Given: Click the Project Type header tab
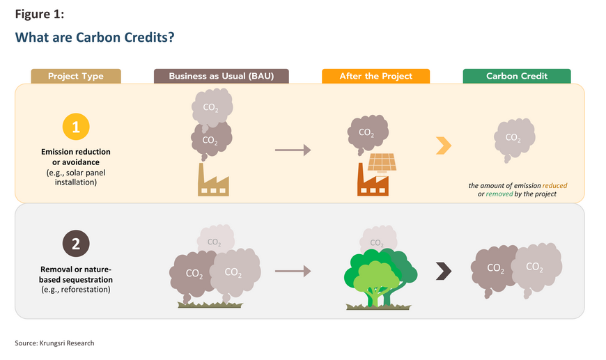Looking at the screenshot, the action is point(76,76).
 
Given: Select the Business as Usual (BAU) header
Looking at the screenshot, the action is point(221,76).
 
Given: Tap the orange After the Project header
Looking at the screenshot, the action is point(375,76).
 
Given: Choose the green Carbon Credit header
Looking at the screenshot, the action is point(517,76).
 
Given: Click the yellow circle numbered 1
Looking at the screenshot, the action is point(76,127).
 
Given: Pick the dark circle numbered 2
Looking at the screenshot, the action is point(76,244).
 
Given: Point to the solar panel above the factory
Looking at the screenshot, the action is point(382,162).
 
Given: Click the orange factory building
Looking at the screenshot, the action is point(373,182).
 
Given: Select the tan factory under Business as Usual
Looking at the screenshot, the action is point(213,182).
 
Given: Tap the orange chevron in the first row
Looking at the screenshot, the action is point(444,146).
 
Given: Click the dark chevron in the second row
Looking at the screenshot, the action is point(444,271).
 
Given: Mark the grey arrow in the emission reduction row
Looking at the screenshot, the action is point(293,150).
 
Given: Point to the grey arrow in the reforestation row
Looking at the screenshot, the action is point(293,271).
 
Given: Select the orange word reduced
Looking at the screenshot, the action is point(554,185).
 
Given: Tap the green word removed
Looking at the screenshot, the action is point(499,194).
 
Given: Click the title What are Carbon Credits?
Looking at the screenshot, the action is point(95,37).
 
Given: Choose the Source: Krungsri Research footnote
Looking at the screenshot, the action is point(54,343).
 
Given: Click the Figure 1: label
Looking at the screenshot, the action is point(40,14).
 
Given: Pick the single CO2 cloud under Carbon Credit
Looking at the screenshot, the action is point(515,139).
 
